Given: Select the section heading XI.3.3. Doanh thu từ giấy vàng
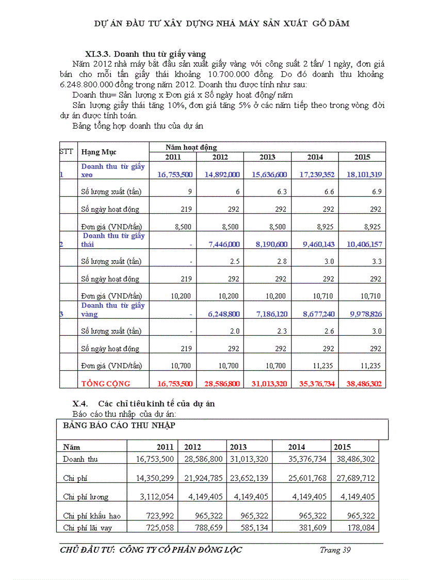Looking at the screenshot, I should pos(145,54).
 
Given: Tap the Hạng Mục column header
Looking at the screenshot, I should pos(99,152).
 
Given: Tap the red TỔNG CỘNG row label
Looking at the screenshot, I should pos(106,383).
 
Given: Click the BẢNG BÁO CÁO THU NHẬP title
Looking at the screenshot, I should pos(119,425).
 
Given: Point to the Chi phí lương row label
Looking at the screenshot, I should pos(86,497).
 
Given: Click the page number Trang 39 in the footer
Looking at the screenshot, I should pos(335,550).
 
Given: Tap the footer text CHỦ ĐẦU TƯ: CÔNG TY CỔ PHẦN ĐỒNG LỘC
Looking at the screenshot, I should pos(151,550).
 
